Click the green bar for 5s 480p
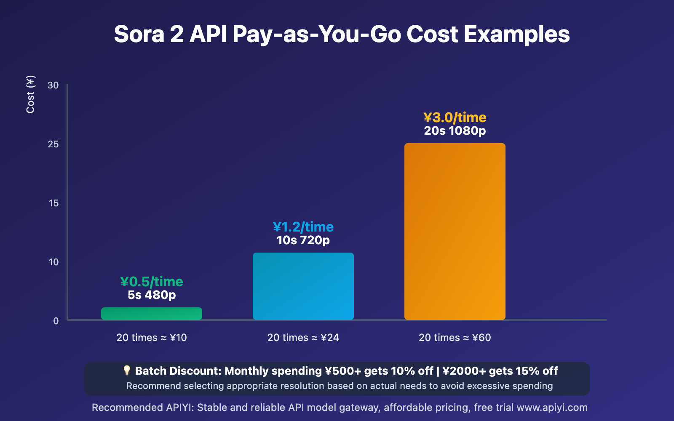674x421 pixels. tap(152, 314)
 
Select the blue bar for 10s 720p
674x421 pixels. tap(303, 286)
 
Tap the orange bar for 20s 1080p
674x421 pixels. tap(455, 232)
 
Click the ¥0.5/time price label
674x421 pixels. tap(152, 282)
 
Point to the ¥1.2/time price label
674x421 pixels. tap(303, 227)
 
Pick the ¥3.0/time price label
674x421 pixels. tap(455, 117)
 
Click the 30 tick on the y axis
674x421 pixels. tap(53, 85)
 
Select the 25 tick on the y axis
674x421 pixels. tap(53, 144)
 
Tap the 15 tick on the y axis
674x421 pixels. tap(53, 203)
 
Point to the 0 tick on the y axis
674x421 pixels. tap(56, 321)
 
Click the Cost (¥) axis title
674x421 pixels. tap(30, 94)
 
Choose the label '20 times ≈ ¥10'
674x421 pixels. tap(152, 338)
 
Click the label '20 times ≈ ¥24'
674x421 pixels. tap(303, 338)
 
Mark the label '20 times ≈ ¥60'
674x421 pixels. tap(455, 338)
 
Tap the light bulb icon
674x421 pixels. tap(127, 370)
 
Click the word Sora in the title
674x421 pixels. tap(139, 35)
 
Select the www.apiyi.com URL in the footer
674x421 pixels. tap(552, 408)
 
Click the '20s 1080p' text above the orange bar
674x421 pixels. tap(455, 131)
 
